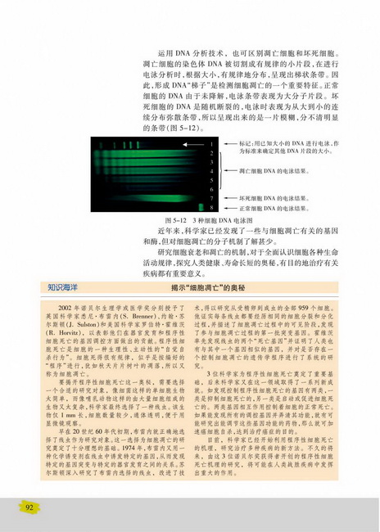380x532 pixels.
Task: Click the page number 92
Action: pos(29,508)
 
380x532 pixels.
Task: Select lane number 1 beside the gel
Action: pos(211,143)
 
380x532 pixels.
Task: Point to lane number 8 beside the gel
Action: pos(211,210)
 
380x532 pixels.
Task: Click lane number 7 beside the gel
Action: pos(211,198)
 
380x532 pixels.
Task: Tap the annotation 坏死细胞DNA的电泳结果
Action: pos(275,198)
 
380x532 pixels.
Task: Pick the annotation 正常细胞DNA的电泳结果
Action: pos(275,210)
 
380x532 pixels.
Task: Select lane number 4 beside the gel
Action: pos(211,174)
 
